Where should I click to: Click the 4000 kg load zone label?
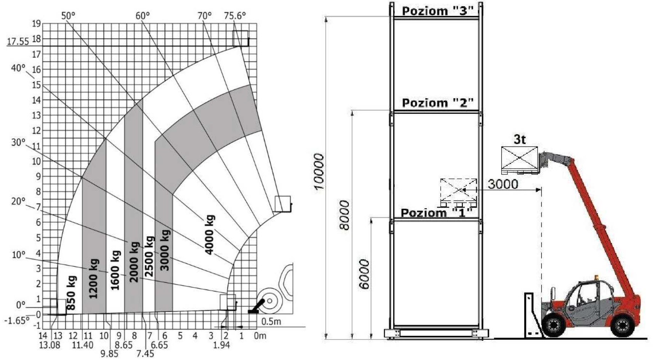pos(210,235)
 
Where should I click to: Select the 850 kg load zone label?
pos(71,292)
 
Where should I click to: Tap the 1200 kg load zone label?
pos(93,279)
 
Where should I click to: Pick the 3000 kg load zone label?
pos(165,250)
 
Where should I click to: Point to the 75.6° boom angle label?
pos(235,16)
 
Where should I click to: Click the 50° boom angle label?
pos(69,16)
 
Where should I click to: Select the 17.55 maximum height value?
pos(18,41)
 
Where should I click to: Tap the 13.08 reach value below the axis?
pos(50,345)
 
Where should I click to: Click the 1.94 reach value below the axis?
pos(222,345)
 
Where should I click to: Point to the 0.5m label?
pos(271,322)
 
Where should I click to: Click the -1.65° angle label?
pos(16,320)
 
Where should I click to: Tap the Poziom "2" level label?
pos(438,103)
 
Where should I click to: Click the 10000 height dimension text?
pos(319,171)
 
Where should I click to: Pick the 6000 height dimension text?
pos(364,274)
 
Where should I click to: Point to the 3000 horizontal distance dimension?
pos(503,185)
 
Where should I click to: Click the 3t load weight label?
pos(520,139)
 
